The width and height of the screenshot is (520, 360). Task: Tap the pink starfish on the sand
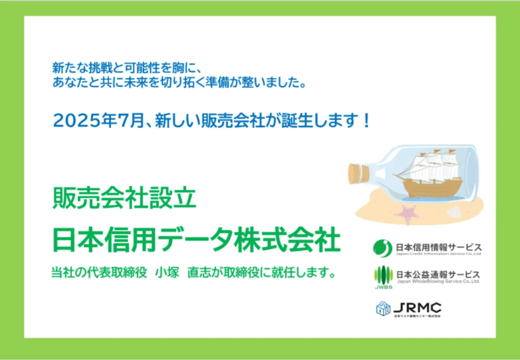pyautogui.click(x=407, y=215)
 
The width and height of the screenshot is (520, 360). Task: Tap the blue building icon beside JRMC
pyautogui.click(x=384, y=308)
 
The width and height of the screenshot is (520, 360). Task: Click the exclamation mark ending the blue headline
pyautogui.click(x=366, y=121)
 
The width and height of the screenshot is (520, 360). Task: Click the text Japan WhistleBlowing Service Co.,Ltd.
pyautogui.click(x=439, y=281)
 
